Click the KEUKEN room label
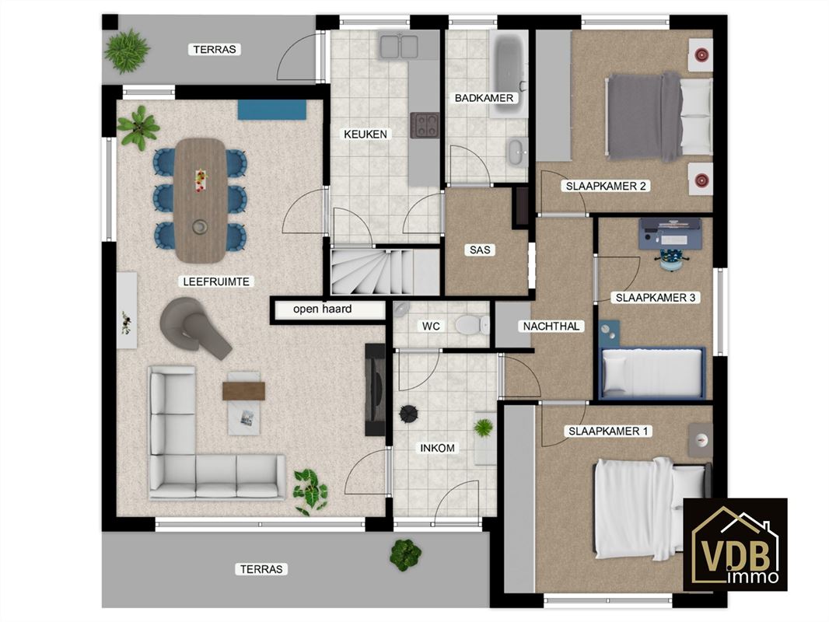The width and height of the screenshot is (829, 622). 366,135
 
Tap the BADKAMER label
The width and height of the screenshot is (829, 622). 484,98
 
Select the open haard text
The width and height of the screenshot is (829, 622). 323,309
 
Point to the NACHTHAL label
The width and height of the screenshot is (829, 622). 551,326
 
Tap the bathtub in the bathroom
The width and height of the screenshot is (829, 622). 509,72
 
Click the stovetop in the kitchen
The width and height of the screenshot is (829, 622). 425,126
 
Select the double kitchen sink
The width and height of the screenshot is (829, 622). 399,45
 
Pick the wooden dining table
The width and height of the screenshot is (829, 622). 201,201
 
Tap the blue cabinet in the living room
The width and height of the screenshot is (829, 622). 271,110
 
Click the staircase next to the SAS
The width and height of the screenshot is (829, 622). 385,272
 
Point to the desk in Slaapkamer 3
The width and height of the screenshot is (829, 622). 670,233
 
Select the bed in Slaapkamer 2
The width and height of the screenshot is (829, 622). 659,117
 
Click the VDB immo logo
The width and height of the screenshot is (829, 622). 736,544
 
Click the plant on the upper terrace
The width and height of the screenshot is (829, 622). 127,51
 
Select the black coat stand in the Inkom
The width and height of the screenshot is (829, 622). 409,414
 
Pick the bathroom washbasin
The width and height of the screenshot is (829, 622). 517,152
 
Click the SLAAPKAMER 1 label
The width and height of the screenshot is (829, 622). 608,432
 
